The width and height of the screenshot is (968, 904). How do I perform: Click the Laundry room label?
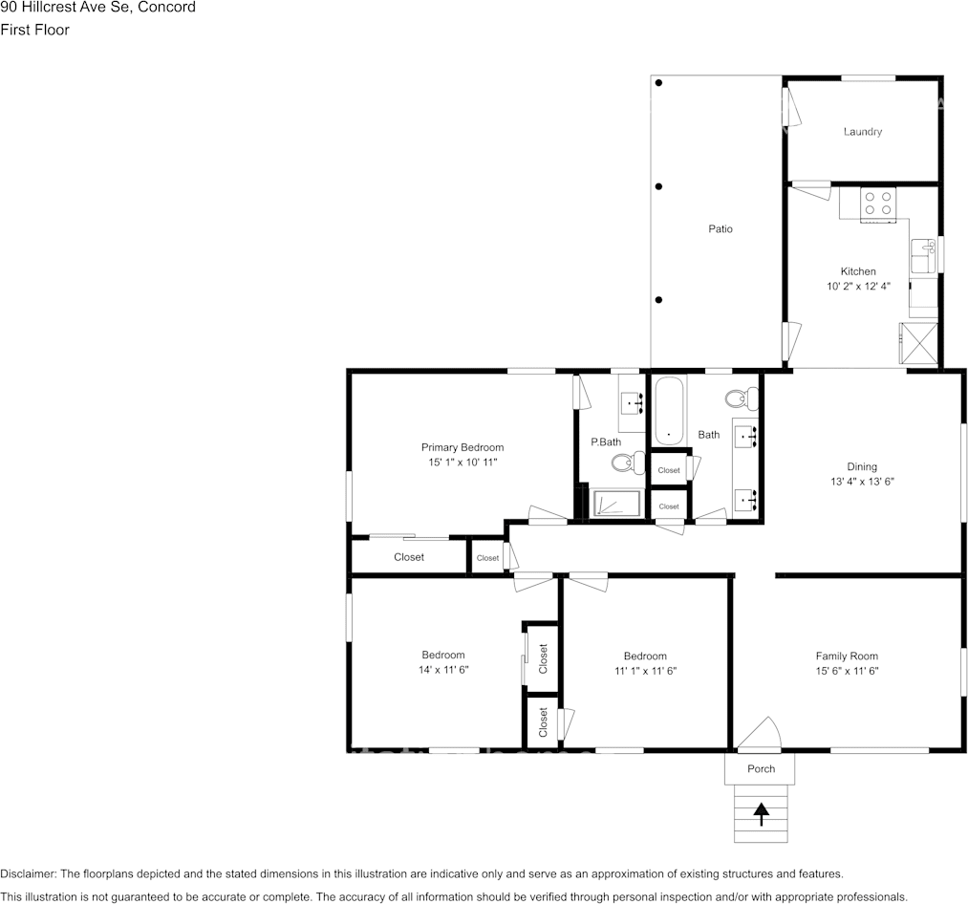[862, 132]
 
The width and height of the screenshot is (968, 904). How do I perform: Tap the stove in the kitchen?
[878, 203]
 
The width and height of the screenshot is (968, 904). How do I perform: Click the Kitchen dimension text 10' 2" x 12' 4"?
[858, 286]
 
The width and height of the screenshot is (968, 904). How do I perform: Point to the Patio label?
[720, 229]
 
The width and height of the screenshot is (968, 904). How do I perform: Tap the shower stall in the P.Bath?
[616, 504]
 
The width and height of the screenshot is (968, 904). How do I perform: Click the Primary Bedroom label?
[462, 447]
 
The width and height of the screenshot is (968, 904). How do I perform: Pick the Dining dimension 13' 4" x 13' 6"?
[862, 482]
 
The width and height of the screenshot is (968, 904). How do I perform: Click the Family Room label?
[847, 656]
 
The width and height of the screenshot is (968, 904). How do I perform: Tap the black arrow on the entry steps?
[762, 813]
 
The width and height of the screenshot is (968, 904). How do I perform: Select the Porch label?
[762, 769]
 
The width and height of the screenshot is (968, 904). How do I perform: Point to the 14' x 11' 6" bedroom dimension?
[443, 670]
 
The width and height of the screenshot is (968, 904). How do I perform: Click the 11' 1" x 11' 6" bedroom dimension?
[645, 671]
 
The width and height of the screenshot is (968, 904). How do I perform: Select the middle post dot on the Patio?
[659, 186]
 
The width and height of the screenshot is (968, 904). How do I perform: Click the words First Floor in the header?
[34, 30]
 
